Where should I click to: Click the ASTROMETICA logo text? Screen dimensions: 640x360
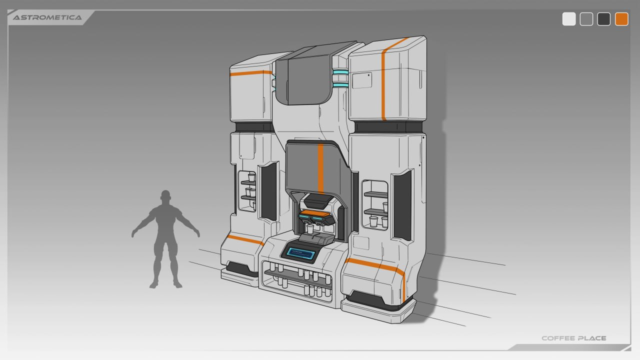(x=47, y=17)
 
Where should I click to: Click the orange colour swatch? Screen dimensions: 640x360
(x=621, y=19)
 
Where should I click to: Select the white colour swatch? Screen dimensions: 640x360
(x=569, y=19)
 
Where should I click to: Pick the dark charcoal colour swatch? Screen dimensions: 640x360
(x=603, y=19)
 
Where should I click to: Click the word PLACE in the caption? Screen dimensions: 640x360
(x=592, y=338)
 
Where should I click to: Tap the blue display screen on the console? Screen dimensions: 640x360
(x=300, y=253)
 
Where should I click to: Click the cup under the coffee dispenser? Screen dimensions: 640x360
(x=310, y=229)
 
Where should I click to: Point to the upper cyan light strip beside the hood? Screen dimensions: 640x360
(x=340, y=72)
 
